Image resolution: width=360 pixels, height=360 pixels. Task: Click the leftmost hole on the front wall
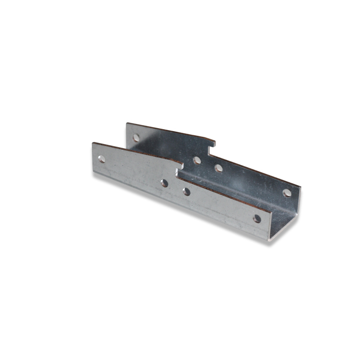coord(102,159)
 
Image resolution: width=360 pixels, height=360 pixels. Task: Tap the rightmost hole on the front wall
coord(257,219)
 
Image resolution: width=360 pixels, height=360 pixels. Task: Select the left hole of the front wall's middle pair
coord(164,183)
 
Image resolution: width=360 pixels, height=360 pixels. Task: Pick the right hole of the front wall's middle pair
coord(186,192)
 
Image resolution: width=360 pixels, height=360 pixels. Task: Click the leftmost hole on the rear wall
coord(136,138)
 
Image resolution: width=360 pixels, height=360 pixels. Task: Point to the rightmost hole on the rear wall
coord(286,193)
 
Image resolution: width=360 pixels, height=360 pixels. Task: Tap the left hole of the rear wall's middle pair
coord(197,160)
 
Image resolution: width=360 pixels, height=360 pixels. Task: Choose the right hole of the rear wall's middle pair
coord(219,168)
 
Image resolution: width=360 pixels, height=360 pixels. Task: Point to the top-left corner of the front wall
coord(93,142)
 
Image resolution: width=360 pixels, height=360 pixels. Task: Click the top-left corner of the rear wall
coord(127,123)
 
